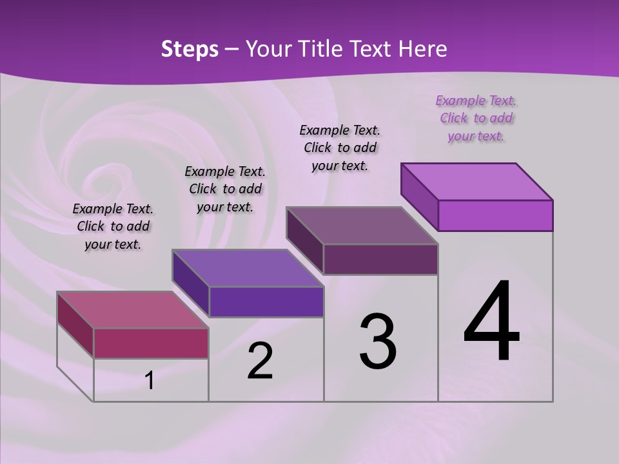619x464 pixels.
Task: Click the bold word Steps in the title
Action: [190, 49]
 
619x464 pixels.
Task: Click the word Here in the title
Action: [422, 49]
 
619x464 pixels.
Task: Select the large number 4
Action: [491, 322]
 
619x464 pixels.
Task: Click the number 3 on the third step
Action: [378, 342]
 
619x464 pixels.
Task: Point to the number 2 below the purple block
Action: [260, 361]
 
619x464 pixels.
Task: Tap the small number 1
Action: [150, 381]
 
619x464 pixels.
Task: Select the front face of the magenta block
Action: [151, 343]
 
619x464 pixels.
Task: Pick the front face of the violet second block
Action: [266, 302]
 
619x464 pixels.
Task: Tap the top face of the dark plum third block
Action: [362, 226]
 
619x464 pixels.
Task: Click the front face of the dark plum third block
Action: [380, 259]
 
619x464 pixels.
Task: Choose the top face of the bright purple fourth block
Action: [477, 182]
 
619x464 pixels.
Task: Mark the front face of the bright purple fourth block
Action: [495, 215]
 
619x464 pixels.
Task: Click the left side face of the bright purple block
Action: [420, 197]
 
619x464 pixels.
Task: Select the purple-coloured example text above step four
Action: [476, 118]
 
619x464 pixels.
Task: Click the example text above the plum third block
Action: [340, 148]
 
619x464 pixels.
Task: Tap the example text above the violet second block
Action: [225, 189]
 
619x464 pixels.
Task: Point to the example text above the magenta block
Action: [113, 226]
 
